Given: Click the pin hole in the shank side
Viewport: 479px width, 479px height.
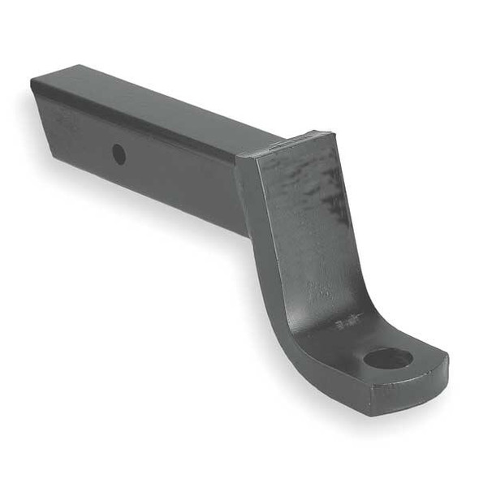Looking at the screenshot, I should click(119, 153).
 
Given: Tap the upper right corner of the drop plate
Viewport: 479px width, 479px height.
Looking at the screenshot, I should click(330, 134).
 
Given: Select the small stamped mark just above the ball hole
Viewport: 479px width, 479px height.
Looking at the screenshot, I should click(346, 322).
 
